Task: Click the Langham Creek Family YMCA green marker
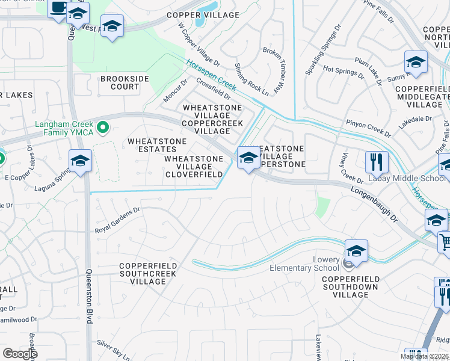102,127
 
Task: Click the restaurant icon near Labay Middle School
377,161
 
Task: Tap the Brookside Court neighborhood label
120,83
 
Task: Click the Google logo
20,354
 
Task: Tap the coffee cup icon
58,8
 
